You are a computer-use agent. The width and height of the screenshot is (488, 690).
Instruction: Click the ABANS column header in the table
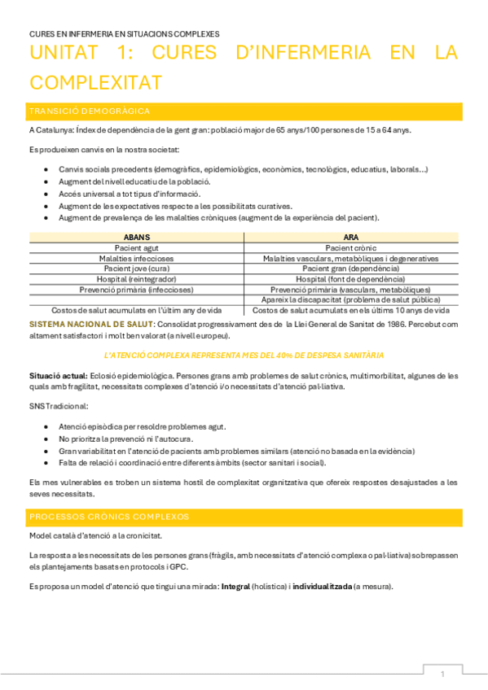point(136,236)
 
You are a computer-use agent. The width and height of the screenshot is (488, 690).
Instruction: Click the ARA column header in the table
point(351,236)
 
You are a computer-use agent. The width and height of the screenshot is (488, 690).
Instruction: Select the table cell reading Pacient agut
point(136,247)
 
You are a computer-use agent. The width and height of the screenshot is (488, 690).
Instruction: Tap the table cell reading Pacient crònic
point(351,247)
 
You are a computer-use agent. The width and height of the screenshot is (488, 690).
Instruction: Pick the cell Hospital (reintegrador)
point(136,278)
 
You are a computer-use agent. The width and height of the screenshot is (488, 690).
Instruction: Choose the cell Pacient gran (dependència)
point(351,268)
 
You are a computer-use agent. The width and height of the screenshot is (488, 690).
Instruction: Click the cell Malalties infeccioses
point(136,257)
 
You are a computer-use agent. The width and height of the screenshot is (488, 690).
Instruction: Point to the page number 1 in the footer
point(442,674)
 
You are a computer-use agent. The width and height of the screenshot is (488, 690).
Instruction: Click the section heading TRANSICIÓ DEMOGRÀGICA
point(89,111)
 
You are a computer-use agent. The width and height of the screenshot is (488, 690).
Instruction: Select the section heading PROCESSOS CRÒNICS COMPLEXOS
point(108,516)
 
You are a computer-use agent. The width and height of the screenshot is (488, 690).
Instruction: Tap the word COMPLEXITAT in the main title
point(95,82)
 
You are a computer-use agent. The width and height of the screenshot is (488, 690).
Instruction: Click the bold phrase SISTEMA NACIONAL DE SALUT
point(80,324)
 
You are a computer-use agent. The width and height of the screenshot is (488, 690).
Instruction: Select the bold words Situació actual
point(57,376)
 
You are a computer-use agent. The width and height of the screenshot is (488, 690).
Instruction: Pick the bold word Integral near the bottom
point(235,587)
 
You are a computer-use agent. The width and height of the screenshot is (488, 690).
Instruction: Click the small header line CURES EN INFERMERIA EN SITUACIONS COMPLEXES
point(124,34)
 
